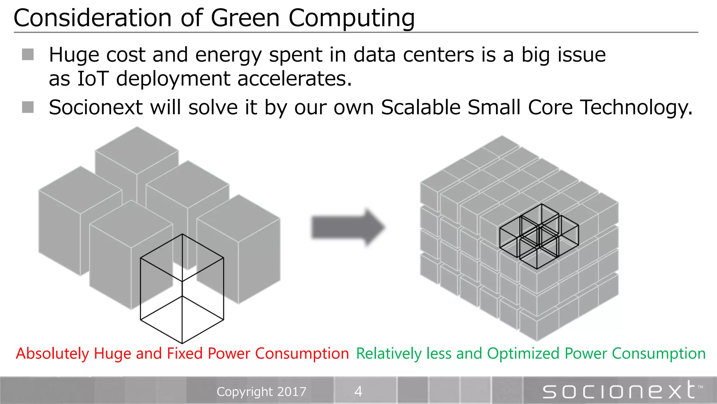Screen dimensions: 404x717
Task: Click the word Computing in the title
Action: [x=351, y=18]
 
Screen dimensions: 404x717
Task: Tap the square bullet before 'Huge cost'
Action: [x=28, y=55]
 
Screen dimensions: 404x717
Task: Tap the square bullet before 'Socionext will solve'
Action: [x=28, y=107]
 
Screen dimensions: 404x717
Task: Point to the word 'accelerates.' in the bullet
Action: [x=294, y=79]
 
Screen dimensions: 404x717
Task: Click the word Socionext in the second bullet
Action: [x=96, y=107]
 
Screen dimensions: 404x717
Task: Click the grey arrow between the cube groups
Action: [x=348, y=227]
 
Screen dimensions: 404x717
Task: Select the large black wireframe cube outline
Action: [x=182, y=289]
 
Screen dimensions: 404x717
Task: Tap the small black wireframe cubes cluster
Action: [x=539, y=236]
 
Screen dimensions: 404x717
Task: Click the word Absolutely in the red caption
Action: [x=53, y=353]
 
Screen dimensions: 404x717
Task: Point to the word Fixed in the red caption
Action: [x=185, y=353]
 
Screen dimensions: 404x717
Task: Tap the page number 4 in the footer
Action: [x=358, y=391]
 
